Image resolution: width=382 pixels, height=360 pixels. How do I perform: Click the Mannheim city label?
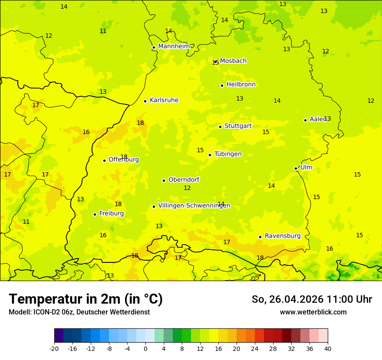pyautogui.click(x=174, y=46)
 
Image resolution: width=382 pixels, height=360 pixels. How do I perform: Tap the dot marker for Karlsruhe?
pyautogui.click(x=145, y=101)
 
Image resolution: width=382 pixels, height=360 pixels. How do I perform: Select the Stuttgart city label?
pyautogui.click(x=238, y=126)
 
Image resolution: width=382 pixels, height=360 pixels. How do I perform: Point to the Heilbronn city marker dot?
pyautogui.click(x=222, y=85)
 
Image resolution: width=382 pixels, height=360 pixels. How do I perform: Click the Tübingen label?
pyautogui.click(x=228, y=154)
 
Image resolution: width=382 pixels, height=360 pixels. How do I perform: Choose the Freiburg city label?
pyautogui.click(x=111, y=213)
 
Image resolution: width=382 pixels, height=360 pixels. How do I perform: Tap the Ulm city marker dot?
pyautogui.click(x=296, y=168)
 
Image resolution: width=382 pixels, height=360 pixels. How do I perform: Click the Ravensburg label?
pyautogui.click(x=283, y=236)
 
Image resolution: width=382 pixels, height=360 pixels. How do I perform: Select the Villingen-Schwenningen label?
pyautogui.click(x=194, y=206)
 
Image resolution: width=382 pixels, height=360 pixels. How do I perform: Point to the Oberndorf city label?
pyautogui.click(x=184, y=180)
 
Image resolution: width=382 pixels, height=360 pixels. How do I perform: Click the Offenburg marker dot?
pyautogui.click(x=104, y=160)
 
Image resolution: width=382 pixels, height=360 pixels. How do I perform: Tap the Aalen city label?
pyautogui.click(x=318, y=119)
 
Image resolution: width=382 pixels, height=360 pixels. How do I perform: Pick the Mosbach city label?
pyautogui.click(x=233, y=61)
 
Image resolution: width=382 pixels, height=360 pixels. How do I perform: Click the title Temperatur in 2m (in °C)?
pyautogui.click(x=86, y=299)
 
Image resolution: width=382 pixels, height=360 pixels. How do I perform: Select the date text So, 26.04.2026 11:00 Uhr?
pyautogui.click(x=312, y=299)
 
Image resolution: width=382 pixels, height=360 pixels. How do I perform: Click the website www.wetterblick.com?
pyautogui.click(x=313, y=312)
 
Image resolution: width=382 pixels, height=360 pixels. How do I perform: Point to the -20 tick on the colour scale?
pyautogui.click(x=54, y=348)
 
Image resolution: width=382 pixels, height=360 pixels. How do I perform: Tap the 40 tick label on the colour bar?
pyautogui.click(x=328, y=348)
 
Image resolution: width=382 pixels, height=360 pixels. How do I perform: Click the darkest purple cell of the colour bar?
pyautogui.click(x=59, y=336)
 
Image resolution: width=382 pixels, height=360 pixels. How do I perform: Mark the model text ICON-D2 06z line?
pyautogui.click(x=79, y=312)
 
